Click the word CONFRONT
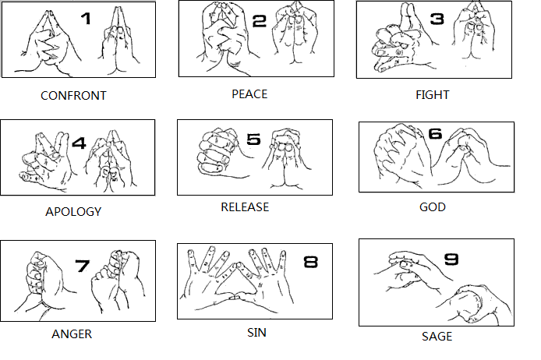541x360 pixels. pos(73,96)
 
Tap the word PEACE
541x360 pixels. pos(249,94)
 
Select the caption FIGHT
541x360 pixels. pos(433,95)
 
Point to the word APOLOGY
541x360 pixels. pos(73,211)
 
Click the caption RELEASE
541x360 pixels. pos(245,207)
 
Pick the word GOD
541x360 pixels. pos(433,207)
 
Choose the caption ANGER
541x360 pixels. pos(72,334)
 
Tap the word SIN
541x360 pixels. pos(256,333)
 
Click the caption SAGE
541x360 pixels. pos(437,336)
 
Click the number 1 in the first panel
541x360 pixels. pos(86,18)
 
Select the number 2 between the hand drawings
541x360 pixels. pos(260,21)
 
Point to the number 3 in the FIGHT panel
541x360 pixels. pos(437,18)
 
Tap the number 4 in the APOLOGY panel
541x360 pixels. pos(79,143)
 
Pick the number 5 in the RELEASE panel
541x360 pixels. pos(253,139)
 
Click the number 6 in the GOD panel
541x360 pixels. pos(435,133)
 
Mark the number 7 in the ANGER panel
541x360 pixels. pos(83,266)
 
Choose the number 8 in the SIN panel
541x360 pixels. pos(310,262)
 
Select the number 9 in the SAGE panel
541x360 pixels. pos(451,259)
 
